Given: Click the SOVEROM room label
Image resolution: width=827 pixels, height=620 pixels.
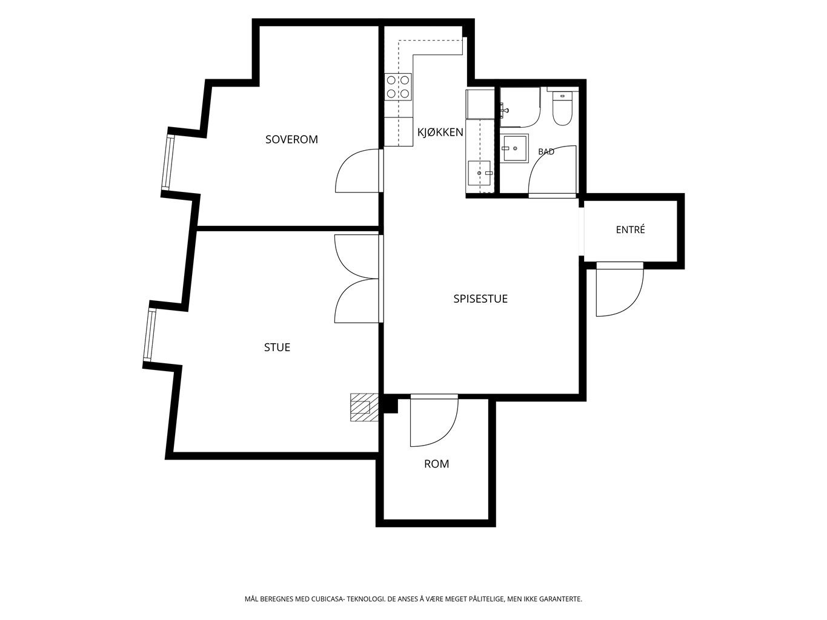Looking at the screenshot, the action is click(291, 139).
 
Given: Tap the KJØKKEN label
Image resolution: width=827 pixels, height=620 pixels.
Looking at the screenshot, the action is click(440, 132).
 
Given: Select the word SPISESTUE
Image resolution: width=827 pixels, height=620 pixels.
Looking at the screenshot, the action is click(480, 298).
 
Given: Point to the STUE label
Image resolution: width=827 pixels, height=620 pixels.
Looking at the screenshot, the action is click(277, 347).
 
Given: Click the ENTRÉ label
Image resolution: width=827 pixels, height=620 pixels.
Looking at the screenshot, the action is click(630, 229).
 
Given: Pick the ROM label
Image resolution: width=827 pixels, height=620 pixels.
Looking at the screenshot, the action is click(436, 464).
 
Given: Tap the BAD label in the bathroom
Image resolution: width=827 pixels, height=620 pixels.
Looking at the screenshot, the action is click(546, 151).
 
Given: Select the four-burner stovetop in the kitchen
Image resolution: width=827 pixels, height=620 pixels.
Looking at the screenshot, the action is click(398, 87).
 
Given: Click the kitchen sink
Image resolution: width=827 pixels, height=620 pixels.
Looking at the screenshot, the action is click(479, 173).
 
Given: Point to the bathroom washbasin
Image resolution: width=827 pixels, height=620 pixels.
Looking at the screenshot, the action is click(515, 148).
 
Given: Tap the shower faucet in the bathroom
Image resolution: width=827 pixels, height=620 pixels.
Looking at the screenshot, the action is click(504, 109).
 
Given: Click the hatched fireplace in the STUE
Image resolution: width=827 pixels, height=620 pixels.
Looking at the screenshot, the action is click(364, 407).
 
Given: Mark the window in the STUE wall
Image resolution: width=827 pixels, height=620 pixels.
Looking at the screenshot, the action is click(149, 335).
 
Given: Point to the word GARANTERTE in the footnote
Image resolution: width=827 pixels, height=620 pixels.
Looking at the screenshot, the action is click(563, 599).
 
